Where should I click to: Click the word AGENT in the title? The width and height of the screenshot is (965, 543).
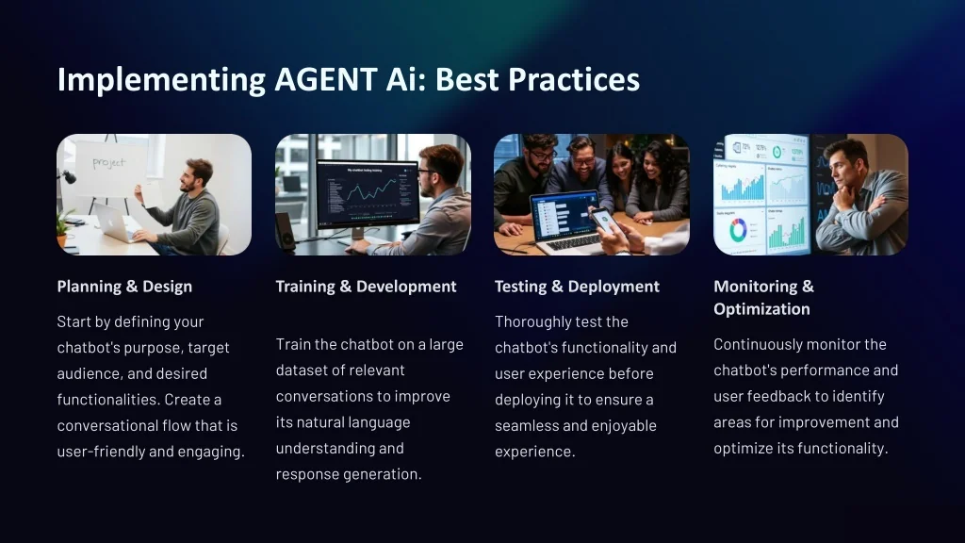pos(325,79)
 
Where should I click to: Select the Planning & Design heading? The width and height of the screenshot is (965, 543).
pos(124,287)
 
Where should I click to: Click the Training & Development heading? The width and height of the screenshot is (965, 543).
pos(367,287)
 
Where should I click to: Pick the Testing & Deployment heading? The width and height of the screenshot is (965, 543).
pos(578,287)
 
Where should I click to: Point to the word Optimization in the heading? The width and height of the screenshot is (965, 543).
pos(761,309)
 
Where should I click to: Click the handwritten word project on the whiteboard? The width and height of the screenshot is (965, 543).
pos(109,162)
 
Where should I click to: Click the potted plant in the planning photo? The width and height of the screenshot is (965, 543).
pos(63,225)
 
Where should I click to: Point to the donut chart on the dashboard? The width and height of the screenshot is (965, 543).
pos(738,230)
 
